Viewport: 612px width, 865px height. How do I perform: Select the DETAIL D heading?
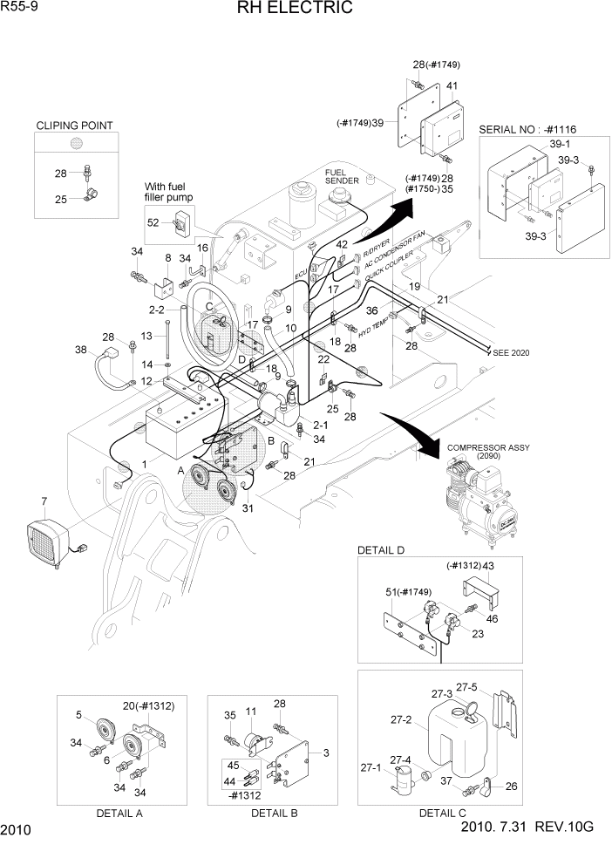(x=381, y=549)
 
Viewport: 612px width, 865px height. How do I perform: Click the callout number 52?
(x=153, y=222)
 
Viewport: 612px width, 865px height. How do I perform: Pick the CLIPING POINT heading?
(x=74, y=126)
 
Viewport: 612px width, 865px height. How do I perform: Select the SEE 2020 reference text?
(x=510, y=352)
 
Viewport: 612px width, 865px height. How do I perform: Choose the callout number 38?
(x=81, y=350)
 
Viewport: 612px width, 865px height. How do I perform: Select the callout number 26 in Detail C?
(x=511, y=787)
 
